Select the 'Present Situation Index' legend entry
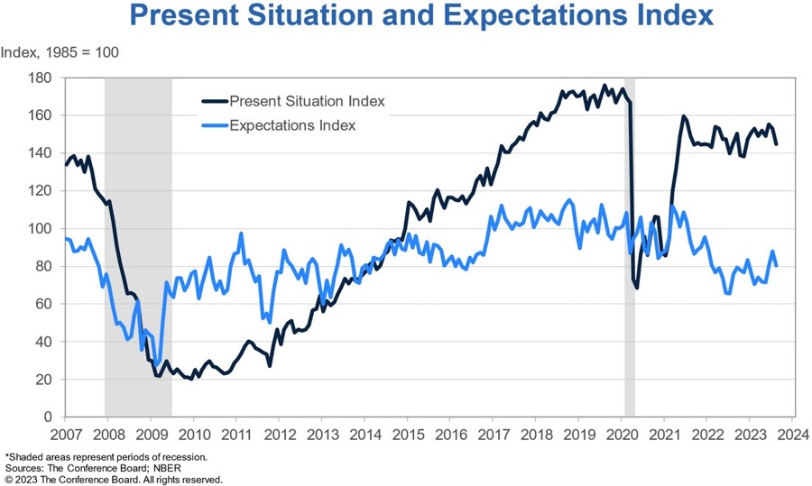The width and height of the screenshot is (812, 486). [x=307, y=101]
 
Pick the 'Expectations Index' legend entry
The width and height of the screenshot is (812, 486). [x=292, y=125]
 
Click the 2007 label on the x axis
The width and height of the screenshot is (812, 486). [x=64, y=435]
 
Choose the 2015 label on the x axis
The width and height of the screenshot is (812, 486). [x=407, y=435]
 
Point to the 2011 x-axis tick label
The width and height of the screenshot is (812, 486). [x=235, y=435]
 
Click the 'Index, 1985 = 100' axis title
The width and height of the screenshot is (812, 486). [x=60, y=51]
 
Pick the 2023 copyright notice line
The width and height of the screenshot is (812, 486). [x=114, y=480]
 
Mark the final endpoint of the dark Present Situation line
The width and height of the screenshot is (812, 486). [x=776, y=143]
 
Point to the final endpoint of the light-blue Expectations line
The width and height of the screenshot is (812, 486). [x=776, y=265]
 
